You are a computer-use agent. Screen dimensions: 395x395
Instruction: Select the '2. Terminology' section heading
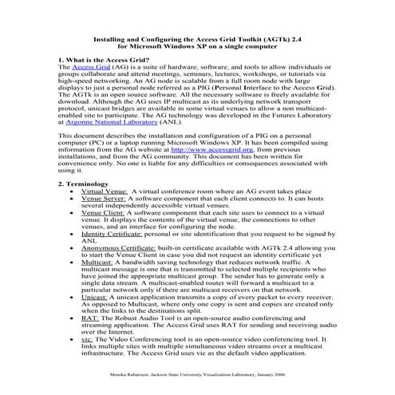[86, 184]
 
